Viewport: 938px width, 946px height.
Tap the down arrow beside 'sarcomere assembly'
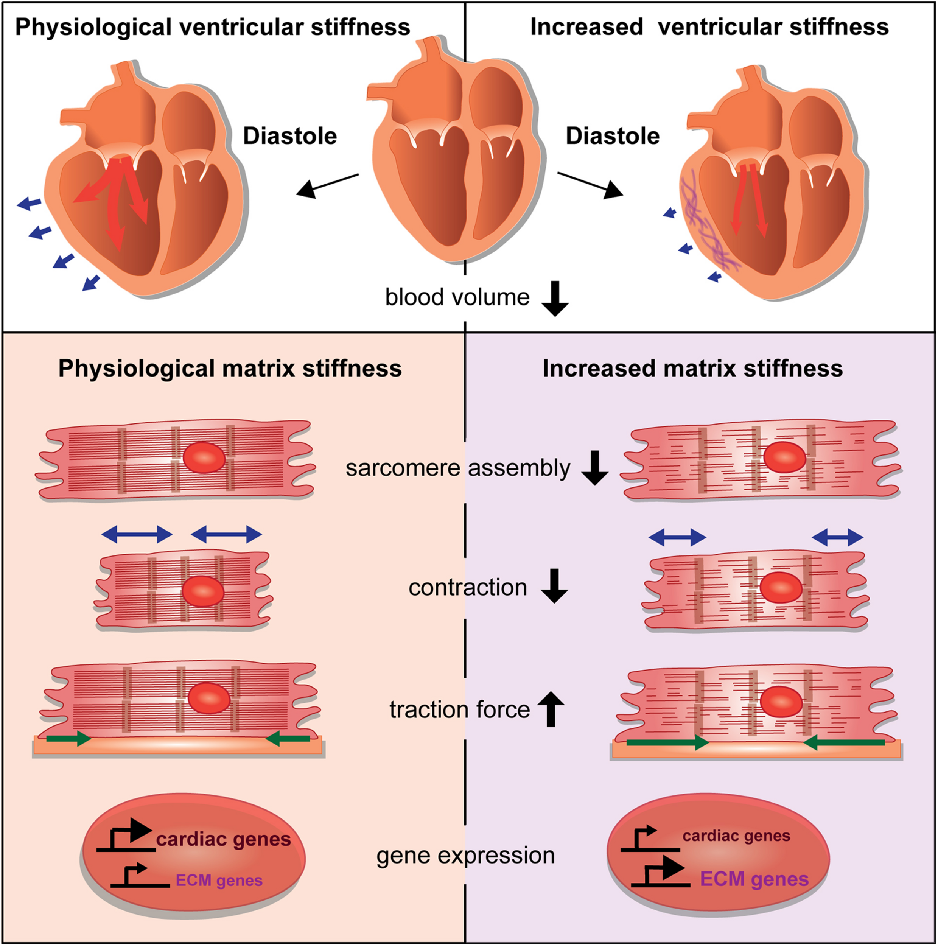pos(595,468)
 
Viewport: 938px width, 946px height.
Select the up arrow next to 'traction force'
pos(551,708)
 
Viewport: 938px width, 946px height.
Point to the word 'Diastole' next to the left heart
pos(290,136)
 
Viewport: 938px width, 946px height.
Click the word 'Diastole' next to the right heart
pos(613,136)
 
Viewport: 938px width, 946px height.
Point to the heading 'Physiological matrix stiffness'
pos(230,368)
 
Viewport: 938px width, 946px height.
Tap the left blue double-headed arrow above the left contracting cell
pos(137,534)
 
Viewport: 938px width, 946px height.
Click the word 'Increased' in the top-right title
pos(586,27)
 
